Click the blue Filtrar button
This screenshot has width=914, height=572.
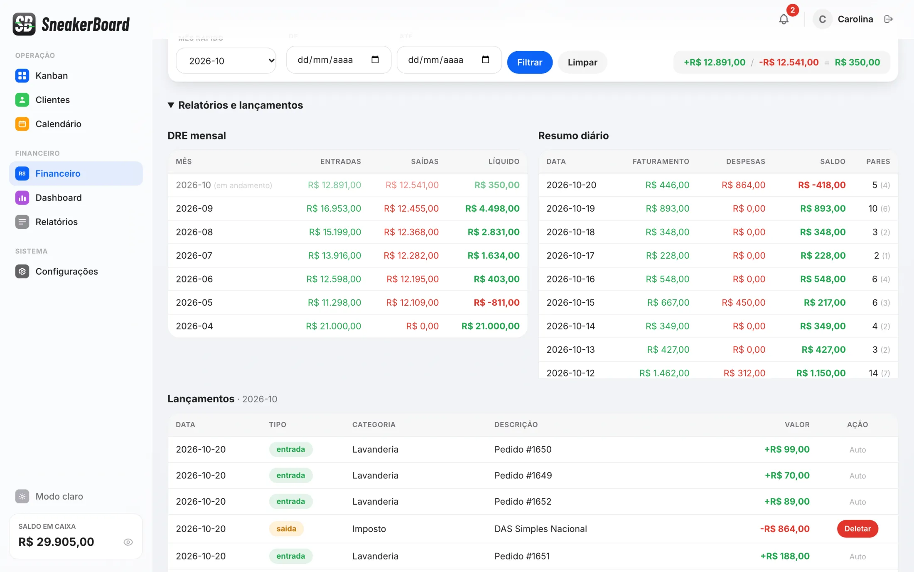coord(530,62)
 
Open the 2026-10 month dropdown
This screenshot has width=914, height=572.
coord(226,61)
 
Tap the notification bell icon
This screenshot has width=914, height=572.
coord(784,19)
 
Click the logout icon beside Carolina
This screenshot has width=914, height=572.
coord(888,19)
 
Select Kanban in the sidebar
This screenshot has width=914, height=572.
coord(52,76)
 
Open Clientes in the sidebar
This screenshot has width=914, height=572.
coord(52,100)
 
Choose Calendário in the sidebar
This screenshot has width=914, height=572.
coord(58,124)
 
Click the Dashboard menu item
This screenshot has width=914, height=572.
coord(59,198)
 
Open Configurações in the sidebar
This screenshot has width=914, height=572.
coord(66,271)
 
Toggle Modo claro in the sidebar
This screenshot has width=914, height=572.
coord(59,496)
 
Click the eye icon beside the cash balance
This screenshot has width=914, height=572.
coord(128,542)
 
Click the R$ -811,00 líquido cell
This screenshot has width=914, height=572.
coord(496,302)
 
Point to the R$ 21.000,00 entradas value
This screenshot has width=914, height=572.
coord(334,326)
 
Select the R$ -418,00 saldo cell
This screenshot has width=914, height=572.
coord(822,185)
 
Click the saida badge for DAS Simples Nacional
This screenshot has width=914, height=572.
coord(286,529)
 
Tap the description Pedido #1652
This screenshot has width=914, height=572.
coord(523,502)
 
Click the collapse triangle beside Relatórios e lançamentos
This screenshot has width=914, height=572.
coord(171,105)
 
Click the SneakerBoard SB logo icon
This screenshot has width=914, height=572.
coord(24,24)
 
